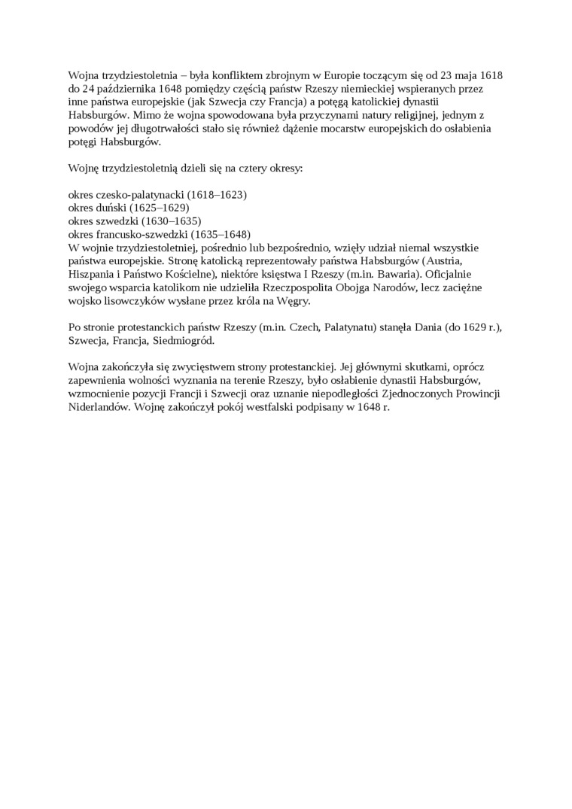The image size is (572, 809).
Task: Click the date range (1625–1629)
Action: click(160, 207)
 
